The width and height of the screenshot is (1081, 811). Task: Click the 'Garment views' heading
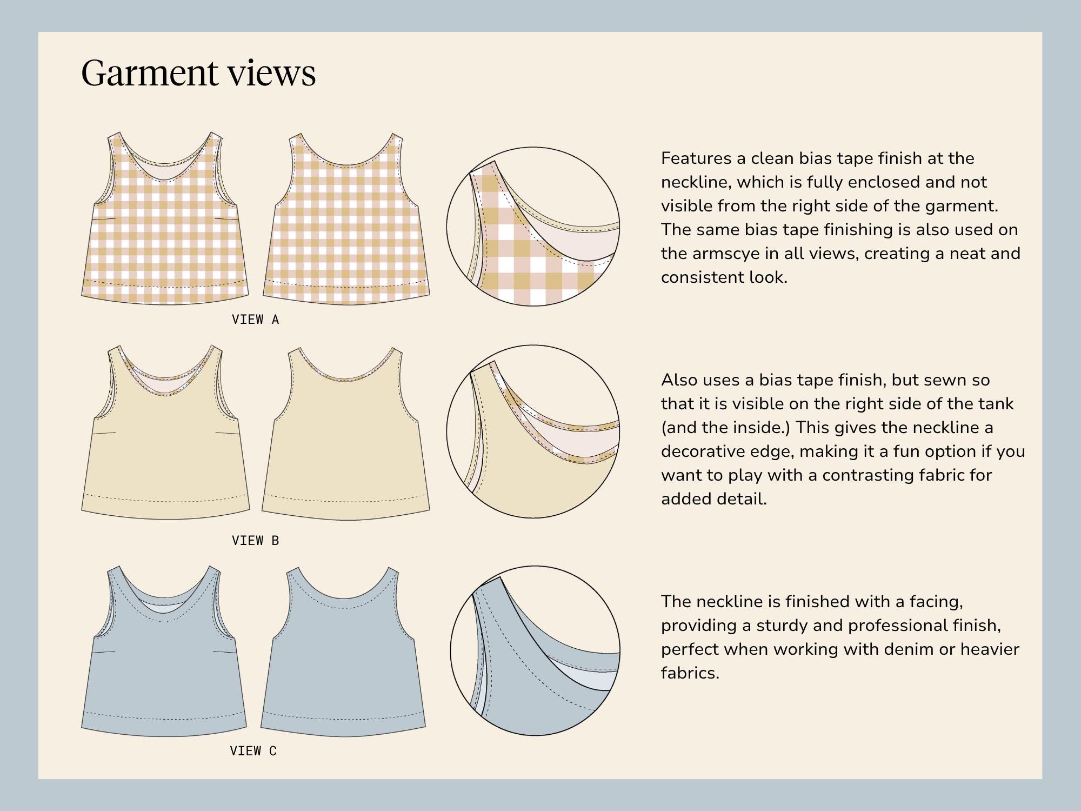[198, 73]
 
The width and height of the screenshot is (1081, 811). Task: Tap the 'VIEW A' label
[255, 320]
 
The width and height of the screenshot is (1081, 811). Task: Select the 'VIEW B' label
[255, 540]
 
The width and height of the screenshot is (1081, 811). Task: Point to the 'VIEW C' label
[253, 750]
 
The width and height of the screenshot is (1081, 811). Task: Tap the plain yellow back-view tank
[346, 433]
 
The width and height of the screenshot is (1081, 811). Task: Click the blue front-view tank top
[164, 651]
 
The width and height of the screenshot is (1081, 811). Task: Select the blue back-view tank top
[343, 652]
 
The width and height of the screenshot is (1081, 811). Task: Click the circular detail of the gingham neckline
[533, 227]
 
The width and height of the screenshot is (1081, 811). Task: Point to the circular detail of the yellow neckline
[533, 431]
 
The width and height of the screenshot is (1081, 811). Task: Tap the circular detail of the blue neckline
[535, 650]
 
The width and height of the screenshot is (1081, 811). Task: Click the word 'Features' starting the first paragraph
[696, 158]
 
